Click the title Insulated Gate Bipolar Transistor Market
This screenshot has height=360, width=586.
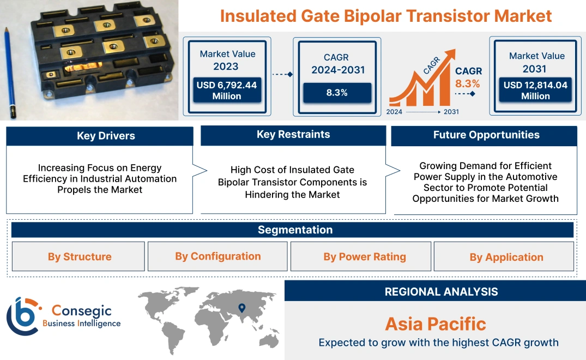pos(386,16)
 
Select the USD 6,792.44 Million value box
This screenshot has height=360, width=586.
pos(226,91)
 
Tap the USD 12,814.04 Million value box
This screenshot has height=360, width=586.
pos(535,91)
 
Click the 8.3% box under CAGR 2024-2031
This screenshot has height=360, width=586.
pos(337,93)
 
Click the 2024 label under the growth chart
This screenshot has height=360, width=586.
pos(395,112)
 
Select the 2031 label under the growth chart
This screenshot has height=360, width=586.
pos(451,112)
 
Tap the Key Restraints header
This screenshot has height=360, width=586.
pos(293,135)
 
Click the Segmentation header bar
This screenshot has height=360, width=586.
pos(295,230)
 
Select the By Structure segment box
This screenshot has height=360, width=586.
pos(79,256)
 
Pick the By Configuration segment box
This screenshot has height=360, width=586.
pos(218,256)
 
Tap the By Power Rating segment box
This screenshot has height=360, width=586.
pos(364,256)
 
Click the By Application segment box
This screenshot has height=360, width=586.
pos(506,257)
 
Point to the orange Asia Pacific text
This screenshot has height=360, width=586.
pos(435,324)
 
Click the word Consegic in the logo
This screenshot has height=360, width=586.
pos(81,311)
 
